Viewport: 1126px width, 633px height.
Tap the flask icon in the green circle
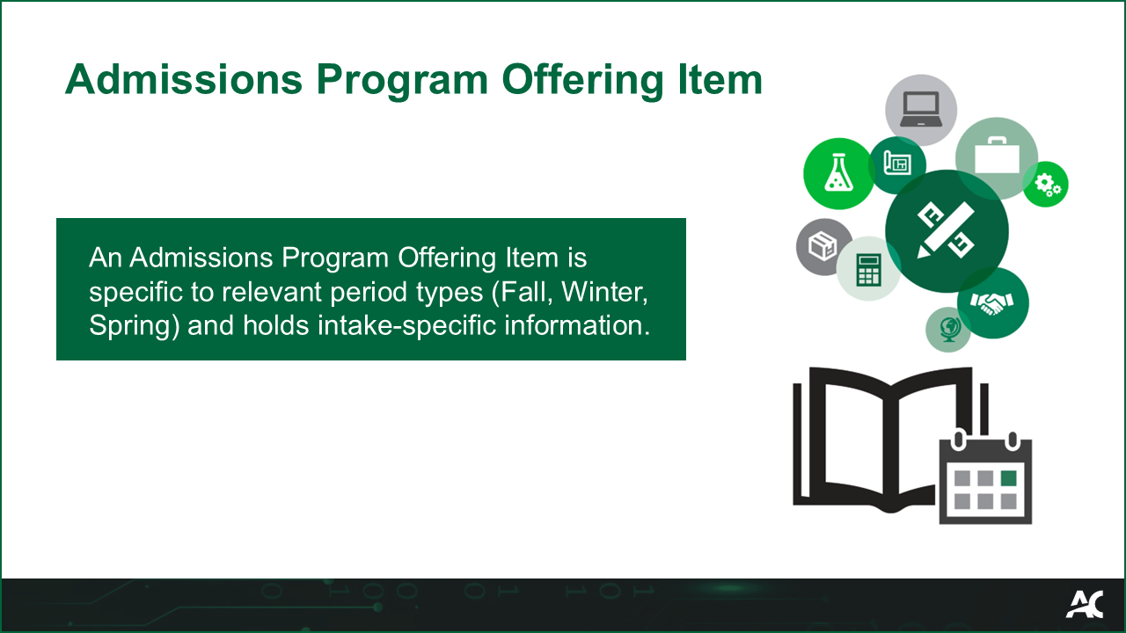coord(837,173)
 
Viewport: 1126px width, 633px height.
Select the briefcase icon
coord(996,158)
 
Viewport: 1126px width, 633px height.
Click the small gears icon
coord(1047,185)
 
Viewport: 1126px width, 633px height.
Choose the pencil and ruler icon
coord(946,230)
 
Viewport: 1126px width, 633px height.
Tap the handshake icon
coord(992,302)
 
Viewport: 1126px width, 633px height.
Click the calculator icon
coord(868,269)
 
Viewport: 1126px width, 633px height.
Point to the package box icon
coord(823,247)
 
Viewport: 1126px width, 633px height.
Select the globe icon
coord(948,330)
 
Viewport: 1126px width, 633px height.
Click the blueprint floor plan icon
coord(896,164)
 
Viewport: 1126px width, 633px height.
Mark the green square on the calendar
coord(1008,478)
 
